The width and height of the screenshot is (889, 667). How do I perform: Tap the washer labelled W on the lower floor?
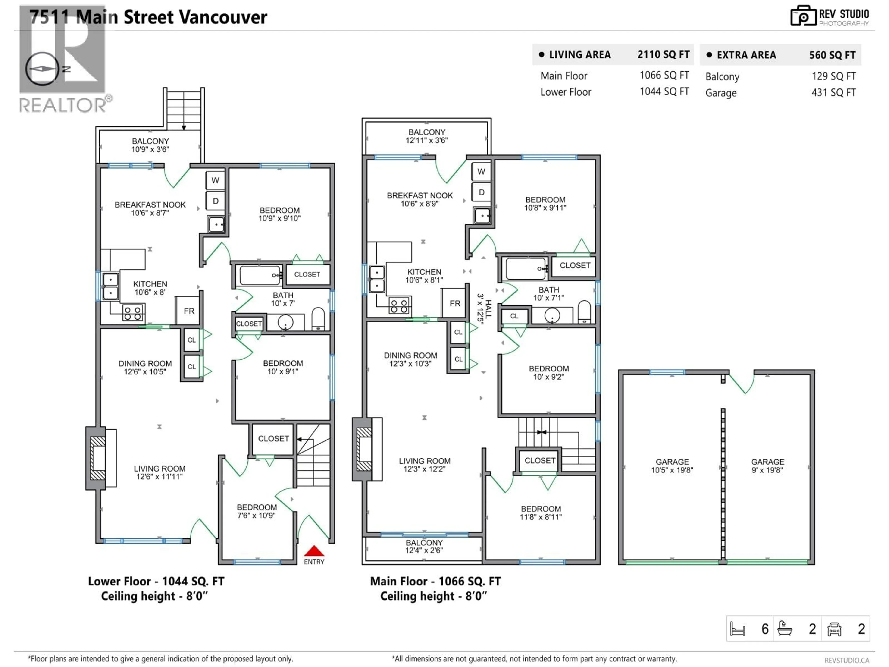pos(215,180)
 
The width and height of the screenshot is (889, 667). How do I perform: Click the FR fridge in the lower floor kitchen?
pos(189,311)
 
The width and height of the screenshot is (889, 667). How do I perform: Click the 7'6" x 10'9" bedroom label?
pos(257,511)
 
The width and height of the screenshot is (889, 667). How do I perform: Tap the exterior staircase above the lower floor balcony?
pos(184,109)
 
